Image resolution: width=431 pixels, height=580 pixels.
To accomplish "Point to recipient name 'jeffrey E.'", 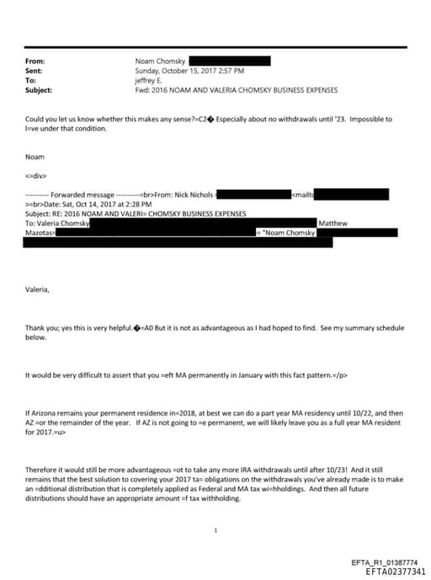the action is pos(153,80).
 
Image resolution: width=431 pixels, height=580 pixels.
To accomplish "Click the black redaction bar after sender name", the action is pos(229,62).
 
